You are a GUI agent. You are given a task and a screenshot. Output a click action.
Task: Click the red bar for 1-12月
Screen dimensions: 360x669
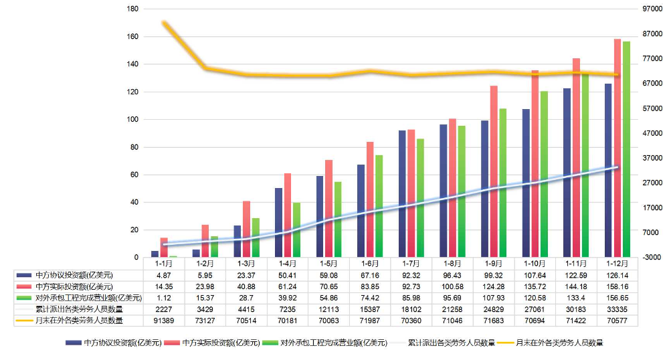pyautogui.click(x=617, y=148)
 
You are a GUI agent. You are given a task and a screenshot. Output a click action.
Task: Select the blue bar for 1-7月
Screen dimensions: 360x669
pyautogui.click(x=402, y=194)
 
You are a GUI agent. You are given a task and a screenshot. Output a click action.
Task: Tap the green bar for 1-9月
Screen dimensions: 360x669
pyautogui.click(x=502, y=183)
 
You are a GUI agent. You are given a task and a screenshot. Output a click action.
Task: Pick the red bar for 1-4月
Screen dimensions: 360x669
pyautogui.click(x=287, y=215)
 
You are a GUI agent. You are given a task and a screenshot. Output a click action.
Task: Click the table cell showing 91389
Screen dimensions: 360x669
pyautogui.click(x=164, y=321)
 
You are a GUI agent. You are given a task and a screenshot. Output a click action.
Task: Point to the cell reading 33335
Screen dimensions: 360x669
pyautogui.click(x=617, y=309)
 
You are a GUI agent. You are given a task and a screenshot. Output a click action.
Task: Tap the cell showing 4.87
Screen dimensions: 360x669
pyautogui.click(x=164, y=275)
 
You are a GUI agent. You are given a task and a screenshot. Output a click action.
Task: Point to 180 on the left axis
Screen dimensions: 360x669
pyautogui.click(x=132, y=9)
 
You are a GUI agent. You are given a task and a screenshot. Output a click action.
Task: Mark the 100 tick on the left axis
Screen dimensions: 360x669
pyautogui.click(x=132, y=120)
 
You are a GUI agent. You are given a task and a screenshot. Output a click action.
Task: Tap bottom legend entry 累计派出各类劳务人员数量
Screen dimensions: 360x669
pyautogui.click(x=454, y=343)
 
